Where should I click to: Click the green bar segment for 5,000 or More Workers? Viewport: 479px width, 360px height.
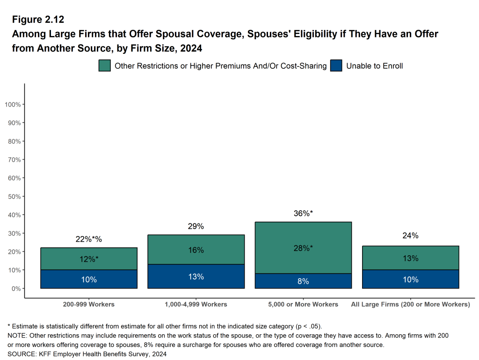(x=303, y=234)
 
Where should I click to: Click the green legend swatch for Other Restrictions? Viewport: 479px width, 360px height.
(x=104, y=66)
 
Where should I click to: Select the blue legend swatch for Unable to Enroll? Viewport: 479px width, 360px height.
(x=336, y=66)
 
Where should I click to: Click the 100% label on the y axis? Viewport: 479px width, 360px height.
(x=12, y=104)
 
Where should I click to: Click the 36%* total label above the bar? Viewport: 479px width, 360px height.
(x=303, y=214)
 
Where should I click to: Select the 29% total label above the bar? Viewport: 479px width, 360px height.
(x=196, y=226)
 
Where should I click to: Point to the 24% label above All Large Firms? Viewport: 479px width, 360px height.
(x=410, y=236)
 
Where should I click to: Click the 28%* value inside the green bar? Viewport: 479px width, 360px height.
(x=303, y=248)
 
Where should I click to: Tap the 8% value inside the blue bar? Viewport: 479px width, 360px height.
(x=303, y=281)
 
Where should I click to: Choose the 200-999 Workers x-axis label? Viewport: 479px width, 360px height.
(x=89, y=304)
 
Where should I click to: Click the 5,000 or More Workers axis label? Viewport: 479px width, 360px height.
(x=303, y=304)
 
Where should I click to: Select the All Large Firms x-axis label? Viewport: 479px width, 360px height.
(x=410, y=304)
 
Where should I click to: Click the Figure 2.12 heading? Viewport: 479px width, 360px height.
(x=38, y=20)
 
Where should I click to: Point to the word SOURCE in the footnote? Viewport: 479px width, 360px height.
(x=22, y=354)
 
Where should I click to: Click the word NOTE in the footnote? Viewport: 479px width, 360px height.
(x=17, y=336)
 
